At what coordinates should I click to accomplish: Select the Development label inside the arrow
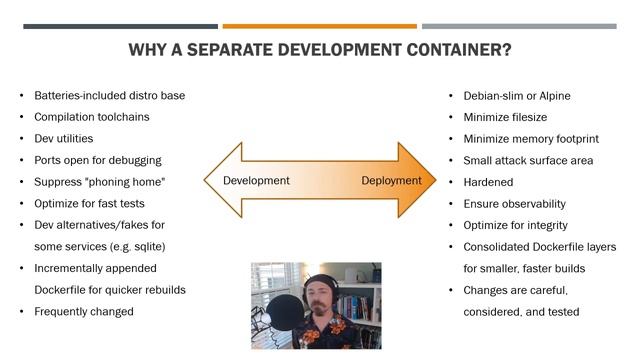click(x=256, y=181)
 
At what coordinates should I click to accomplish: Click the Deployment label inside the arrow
click(x=391, y=181)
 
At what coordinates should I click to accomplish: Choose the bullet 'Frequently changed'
click(x=84, y=311)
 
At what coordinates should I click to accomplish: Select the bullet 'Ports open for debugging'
click(x=98, y=160)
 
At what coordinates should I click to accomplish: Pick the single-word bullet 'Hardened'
click(x=488, y=182)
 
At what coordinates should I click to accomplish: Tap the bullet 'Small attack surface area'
click(x=528, y=160)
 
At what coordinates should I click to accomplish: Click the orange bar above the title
click(x=319, y=26)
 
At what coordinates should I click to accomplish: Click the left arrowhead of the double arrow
click(x=218, y=181)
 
